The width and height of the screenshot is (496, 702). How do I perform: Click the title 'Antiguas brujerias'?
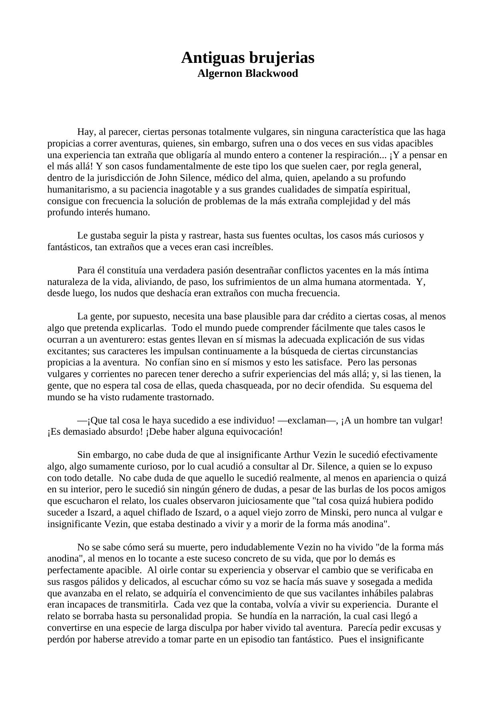pos(248,58)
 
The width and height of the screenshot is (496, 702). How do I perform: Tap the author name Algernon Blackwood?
pos(248,74)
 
